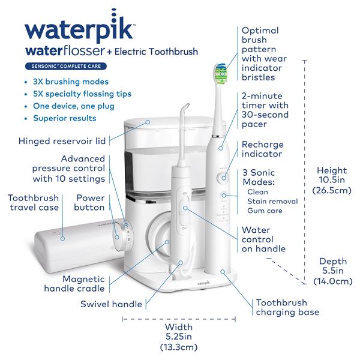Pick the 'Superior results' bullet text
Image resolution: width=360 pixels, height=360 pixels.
tap(66, 118)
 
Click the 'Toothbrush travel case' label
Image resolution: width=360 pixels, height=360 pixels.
tap(33, 202)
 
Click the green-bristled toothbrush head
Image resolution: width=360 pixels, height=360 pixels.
tap(220, 73)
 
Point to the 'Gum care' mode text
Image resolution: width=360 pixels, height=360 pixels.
tap(263, 211)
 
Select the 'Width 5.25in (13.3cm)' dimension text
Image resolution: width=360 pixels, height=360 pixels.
tap(179, 337)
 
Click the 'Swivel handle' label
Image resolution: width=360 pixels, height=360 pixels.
tap(111, 304)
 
